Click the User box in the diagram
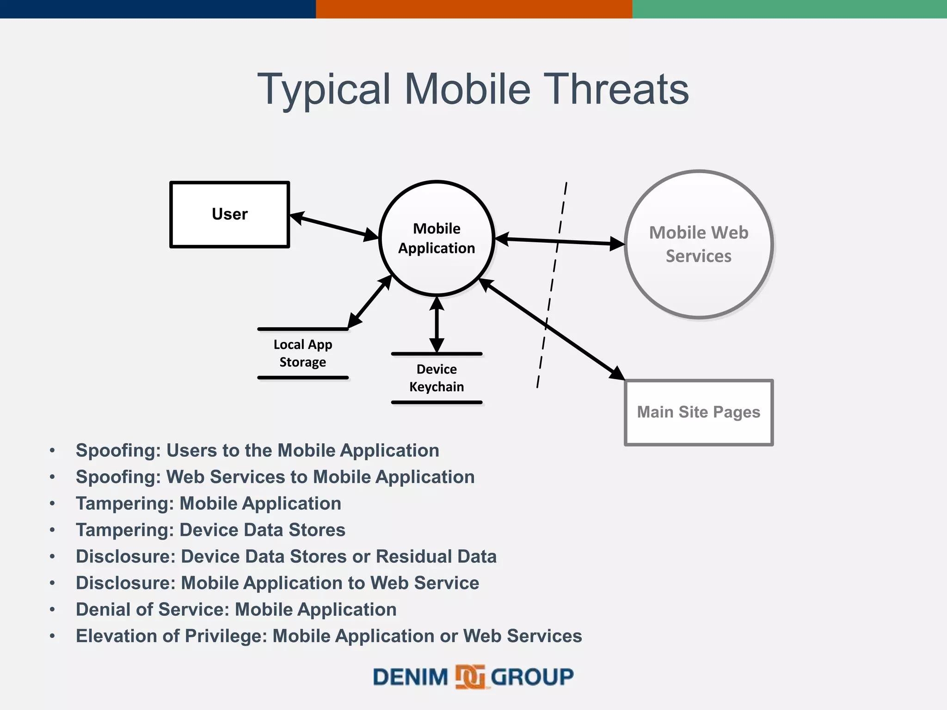click(x=230, y=214)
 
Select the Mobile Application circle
click(x=437, y=238)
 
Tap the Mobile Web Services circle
click(x=699, y=244)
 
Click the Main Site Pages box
click(x=698, y=412)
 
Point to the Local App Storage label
click(x=303, y=353)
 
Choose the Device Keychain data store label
click(x=437, y=378)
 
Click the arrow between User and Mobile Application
click(x=334, y=226)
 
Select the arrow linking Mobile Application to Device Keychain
click(x=437, y=325)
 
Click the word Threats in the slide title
click(x=618, y=89)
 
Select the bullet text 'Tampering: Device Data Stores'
click(x=210, y=530)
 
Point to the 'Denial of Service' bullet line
click(x=236, y=609)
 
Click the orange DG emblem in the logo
click(x=470, y=677)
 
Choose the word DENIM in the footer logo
click(x=411, y=677)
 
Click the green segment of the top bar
click(x=789, y=9)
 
